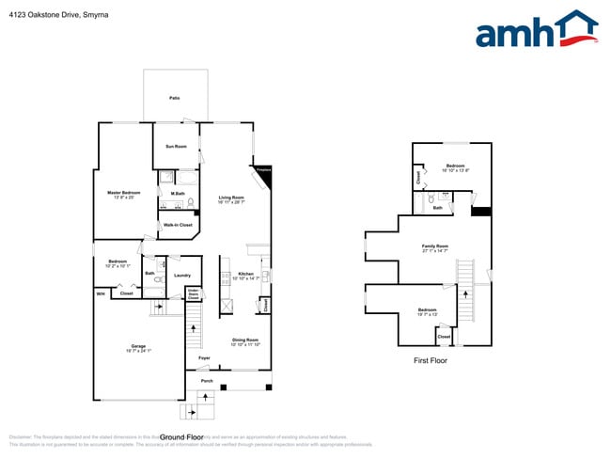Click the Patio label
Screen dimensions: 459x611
click(174, 98)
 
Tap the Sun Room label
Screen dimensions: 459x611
click(176, 147)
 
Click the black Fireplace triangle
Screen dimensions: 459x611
click(265, 173)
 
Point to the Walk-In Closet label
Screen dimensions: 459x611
click(178, 225)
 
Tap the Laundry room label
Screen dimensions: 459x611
click(182, 275)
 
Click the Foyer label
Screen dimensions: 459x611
click(204, 357)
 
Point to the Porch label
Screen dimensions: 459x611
click(206, 382)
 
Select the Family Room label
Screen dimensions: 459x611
click(434, 246)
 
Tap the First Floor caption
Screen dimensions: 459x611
click(431, 360)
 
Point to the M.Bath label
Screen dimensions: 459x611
click(178, 194)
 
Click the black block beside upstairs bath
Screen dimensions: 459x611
click(480, 212)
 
